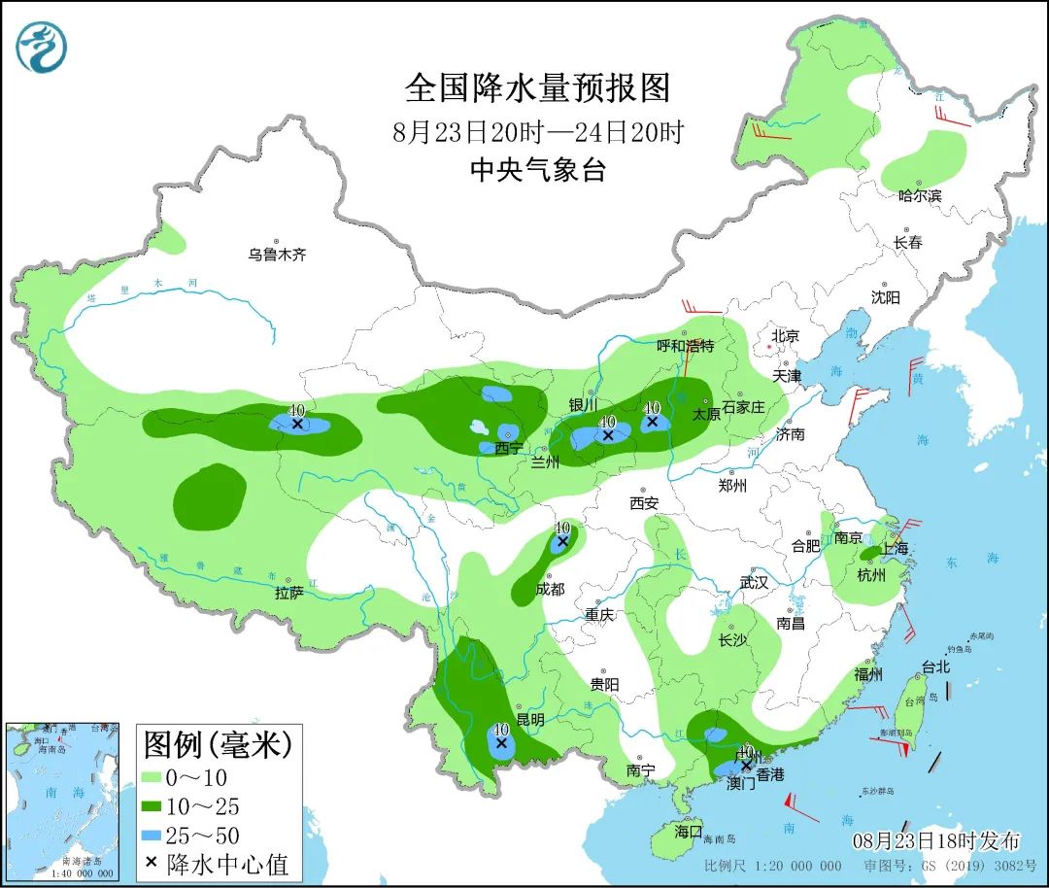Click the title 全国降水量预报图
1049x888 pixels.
537,88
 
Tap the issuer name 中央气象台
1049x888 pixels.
537,171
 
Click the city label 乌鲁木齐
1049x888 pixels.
276,256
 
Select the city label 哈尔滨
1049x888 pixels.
920,195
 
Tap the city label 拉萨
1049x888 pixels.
289,592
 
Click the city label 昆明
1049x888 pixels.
530,720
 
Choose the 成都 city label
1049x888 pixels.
550,589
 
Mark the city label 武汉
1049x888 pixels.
753,583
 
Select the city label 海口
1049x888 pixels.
689,832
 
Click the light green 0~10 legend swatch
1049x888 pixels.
151,777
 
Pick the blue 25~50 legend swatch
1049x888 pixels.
151,835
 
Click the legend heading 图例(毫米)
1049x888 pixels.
218,746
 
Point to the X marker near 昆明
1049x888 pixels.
501,743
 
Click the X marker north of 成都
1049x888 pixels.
561,540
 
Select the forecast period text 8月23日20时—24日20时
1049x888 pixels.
537,131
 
